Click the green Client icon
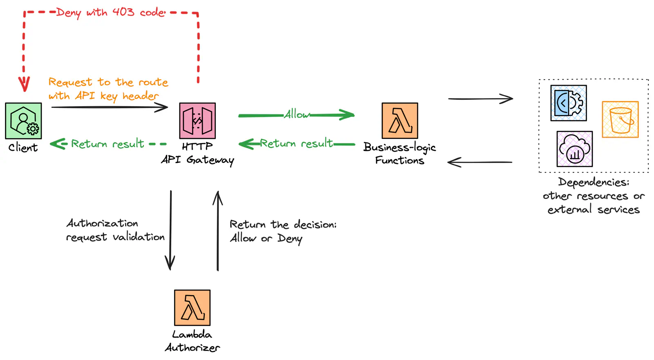pyautogui.click(x=23, y=121)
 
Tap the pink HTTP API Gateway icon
pyautogui.click(x=197, y=121)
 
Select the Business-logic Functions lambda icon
pyautogui.click(x=400, y=121)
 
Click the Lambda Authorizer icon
pyautogui.click(x=192, y=308)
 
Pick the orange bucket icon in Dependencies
pyautogui.click(x=620, y=119)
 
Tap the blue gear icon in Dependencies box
pyautogui.click(x=569, y=103)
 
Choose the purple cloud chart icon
pyautogui.click(x=575, y=149)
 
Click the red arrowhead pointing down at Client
pyautogui.click(x=24, y=85)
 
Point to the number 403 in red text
pyautogui.click(x=123, y=12)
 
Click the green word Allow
pyautogui.click(x=297, y=114)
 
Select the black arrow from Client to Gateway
pyautogui.click(x=110, y=107)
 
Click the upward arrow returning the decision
pyautogui.click(x=218, y=231)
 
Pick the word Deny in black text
pyautogui.click(x=289, y=238)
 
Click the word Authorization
pyautogui.click(x=102, y=223)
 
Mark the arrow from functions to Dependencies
pyautogui.click(x=480, y=98)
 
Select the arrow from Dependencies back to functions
pyautogui.click(x=480, y=162)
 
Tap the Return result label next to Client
pyautogui.click(x=108, y=144)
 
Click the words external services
pyautogui.click(x=594, y=210)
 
